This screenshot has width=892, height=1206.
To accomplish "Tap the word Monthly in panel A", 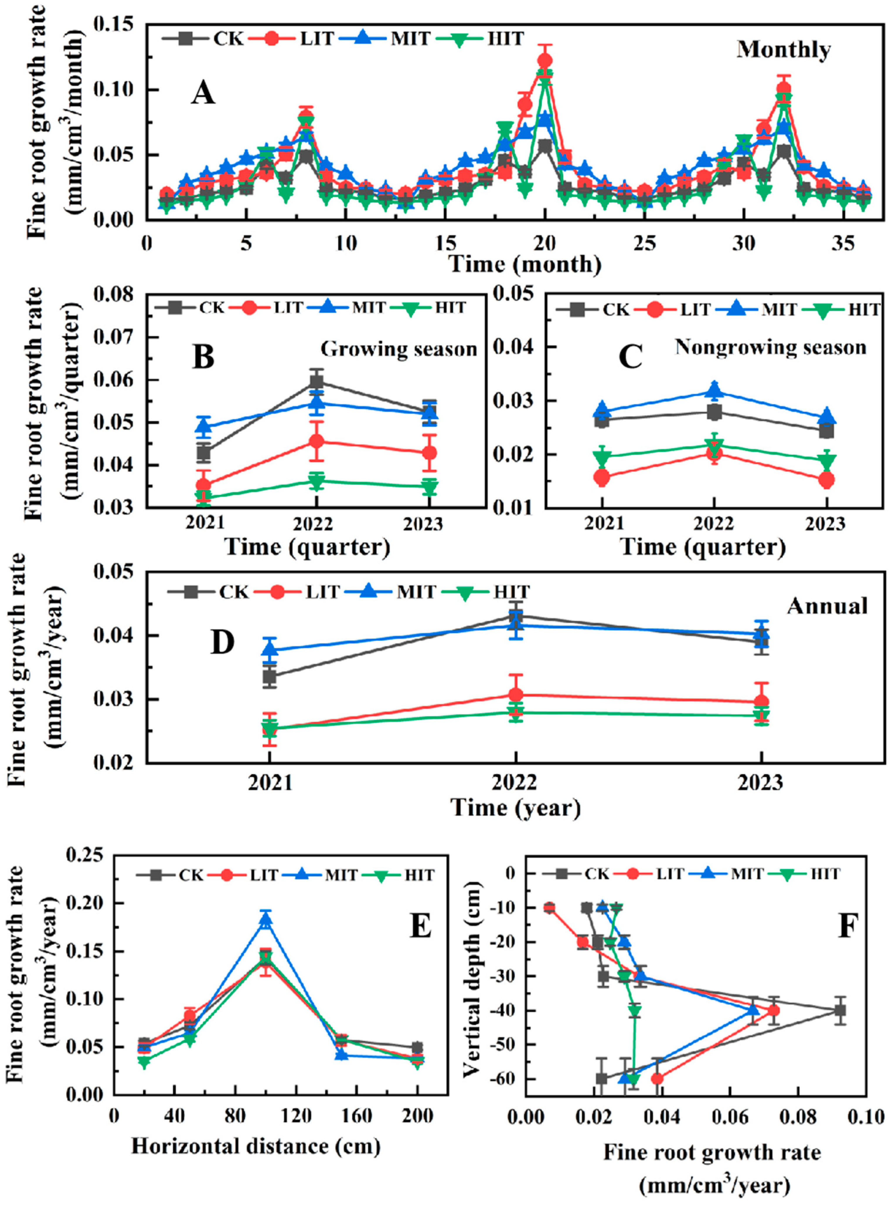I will point(784,50).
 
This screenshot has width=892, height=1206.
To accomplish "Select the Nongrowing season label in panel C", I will point(770,347).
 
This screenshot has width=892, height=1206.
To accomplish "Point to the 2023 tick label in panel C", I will point(825,524).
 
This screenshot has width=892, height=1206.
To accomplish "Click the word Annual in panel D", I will point(827,606).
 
